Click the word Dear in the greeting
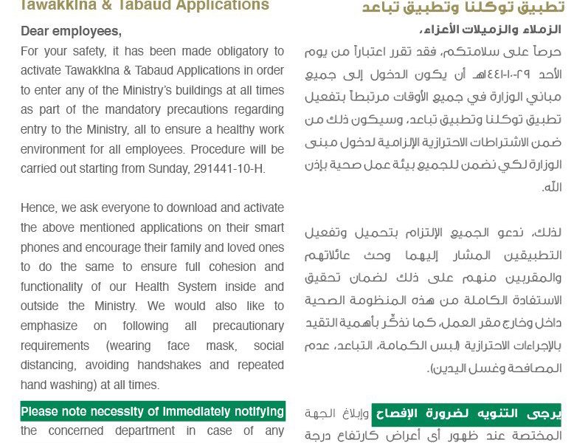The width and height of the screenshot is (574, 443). click(35, 32)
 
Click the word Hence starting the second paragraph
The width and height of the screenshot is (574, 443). click(38, 208)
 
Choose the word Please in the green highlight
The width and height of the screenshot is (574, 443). click(41, 411)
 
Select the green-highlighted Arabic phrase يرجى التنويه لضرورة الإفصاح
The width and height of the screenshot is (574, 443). click(466, 414)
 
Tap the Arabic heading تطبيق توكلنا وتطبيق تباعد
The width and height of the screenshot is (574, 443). click(463, 7)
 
